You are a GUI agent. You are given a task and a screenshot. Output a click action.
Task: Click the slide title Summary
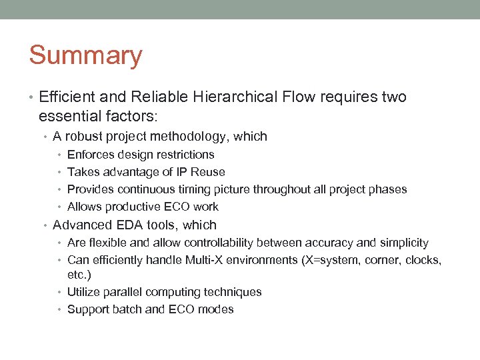coord(85,55)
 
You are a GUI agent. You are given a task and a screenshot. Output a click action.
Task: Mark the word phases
coord(388,189)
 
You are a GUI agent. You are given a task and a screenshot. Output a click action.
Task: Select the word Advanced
coord(80,225)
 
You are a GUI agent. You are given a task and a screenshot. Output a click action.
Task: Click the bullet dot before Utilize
coord(61,292)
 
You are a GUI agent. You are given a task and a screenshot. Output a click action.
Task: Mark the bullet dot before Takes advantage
coord(61,172)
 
